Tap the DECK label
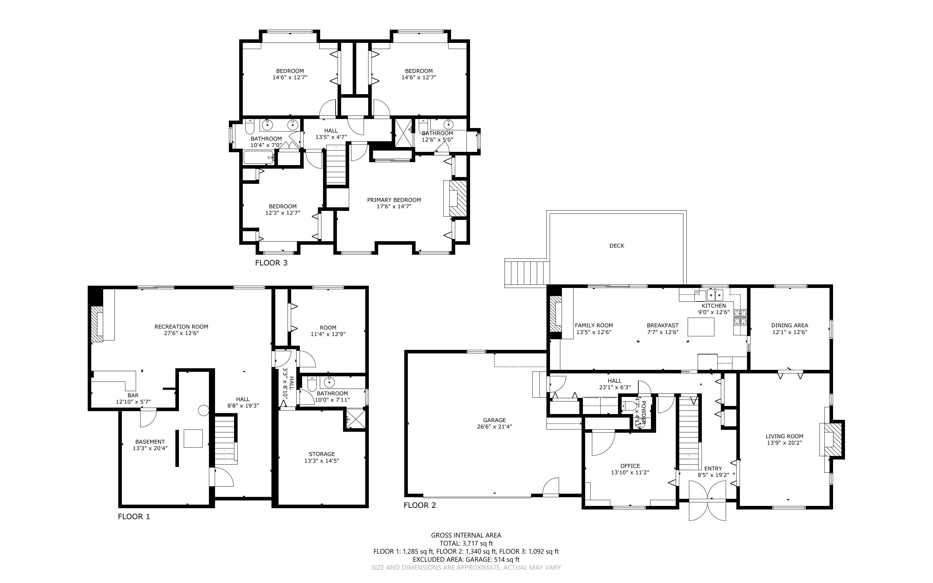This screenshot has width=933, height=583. pos(617,246)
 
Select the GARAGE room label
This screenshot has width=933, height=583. pos(495,420)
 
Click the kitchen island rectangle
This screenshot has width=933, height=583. pos(701,327)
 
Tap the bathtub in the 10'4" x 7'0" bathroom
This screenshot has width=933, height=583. pos(259,157)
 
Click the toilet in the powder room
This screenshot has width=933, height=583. pos(629,406)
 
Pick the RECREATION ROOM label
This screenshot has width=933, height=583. pos(181,327)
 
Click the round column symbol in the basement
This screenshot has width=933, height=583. pos(203,410)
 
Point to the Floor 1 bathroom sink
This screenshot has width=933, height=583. pos(329,382)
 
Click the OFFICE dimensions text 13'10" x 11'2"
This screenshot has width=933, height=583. pos(630,472)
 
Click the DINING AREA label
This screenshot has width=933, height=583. pos(790,325)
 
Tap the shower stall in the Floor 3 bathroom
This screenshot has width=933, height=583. pos(403,133)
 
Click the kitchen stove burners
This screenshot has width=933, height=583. pos(740,317)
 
